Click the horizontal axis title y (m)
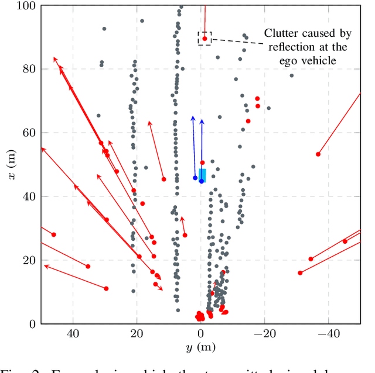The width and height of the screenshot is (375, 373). click(200, 348)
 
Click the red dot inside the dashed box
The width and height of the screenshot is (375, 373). click(204, 39)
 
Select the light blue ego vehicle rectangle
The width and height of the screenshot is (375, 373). click(202, 175)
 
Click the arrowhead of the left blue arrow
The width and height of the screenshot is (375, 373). click(192, 118)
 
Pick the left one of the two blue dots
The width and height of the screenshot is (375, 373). click(195, 178)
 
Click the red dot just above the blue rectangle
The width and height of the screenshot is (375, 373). click(202, 163)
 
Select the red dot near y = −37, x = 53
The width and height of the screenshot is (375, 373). click(318, 154)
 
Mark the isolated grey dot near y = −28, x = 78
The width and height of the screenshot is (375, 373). click(291, 75)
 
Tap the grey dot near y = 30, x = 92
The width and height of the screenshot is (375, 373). click(104, 29)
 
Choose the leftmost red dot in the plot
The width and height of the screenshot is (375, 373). click(54, 234)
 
